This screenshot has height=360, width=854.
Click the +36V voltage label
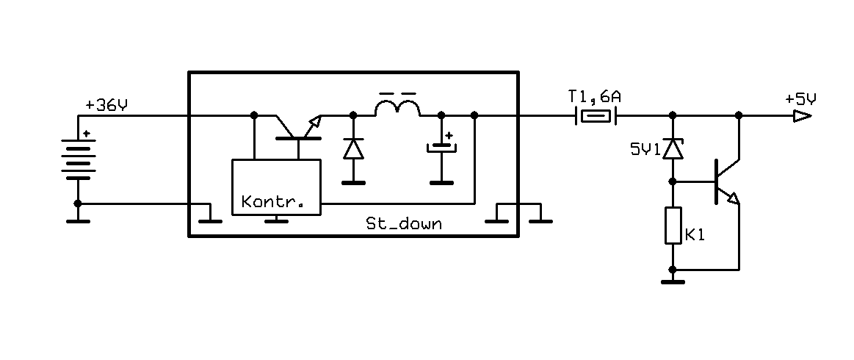[x=106, y=105]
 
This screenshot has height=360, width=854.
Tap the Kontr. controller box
[x=276, y=187]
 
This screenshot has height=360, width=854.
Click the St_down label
[x=404, y=223]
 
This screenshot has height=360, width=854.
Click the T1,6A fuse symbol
[x=596, y=115]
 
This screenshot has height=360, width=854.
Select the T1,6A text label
[x=595, y=98]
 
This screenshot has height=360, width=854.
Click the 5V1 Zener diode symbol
[x=673, y=148]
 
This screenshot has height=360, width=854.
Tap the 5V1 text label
[x=645, y=149]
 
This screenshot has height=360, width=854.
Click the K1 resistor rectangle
[x=673, y=226]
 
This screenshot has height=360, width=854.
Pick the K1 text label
[x=695, y=236]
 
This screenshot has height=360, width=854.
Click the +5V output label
[x=800, y=99]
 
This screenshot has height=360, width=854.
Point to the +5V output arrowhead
[x=803, y=115]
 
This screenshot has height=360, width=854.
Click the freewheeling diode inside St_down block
[x=353, y=148]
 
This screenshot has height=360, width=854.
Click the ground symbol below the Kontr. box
[x=276, y=219]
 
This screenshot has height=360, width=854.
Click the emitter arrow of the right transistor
[x=733, y=198]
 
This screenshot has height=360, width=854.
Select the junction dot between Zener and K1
[x=673, y=181]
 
